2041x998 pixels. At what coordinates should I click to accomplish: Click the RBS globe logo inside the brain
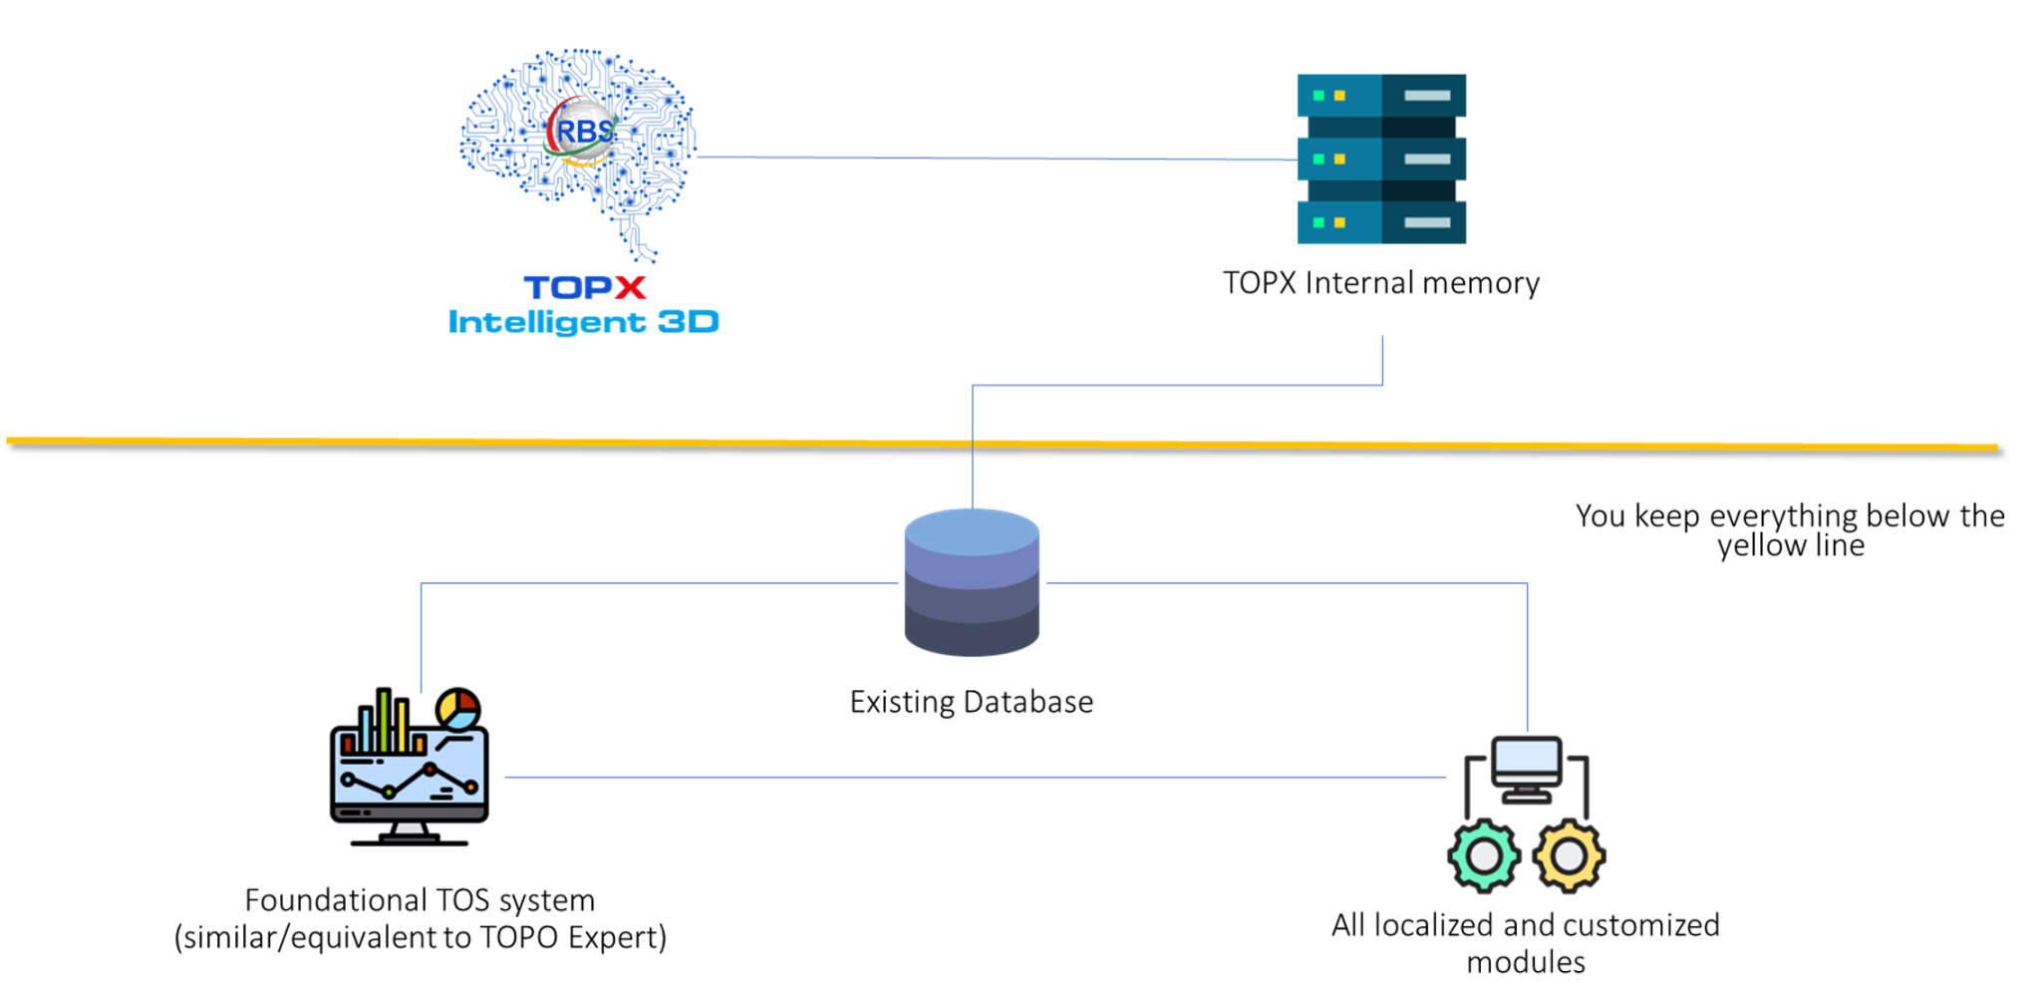click(x=583, y=131)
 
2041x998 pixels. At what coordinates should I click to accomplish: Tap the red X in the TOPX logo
click(x=630, y=288)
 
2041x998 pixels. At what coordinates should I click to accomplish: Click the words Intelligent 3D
click(x=583, y=322)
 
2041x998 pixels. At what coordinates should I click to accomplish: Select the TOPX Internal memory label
click(x=1381, y=283)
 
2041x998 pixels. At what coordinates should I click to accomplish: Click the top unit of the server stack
click(x=1381, y=96)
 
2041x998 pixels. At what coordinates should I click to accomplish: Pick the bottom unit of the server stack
click(x=1381, y=222)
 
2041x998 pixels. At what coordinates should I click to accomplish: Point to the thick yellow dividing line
click(x=997, y=444)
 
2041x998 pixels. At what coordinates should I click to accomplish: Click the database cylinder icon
click(x=972, y=583)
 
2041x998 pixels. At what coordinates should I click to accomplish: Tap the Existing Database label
click(x=972, y=702)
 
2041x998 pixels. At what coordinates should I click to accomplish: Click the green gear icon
click(x=1484, y=855)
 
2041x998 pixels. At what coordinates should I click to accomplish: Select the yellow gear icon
click(x=1569, y=855)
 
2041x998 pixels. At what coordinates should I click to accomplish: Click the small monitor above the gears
click(x=1526, y=767)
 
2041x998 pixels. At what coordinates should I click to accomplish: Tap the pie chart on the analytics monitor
click(x=458, y=709)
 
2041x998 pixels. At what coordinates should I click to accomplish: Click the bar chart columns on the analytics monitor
click(x=384, y=723)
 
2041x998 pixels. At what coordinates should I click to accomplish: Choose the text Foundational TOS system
click(x=420, y=900)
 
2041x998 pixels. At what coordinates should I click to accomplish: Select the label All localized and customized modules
click(x=1525, y=943)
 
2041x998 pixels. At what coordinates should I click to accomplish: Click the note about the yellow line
click(x=1790, y=530)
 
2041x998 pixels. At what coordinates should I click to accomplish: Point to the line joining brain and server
click(x=997, y=158)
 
